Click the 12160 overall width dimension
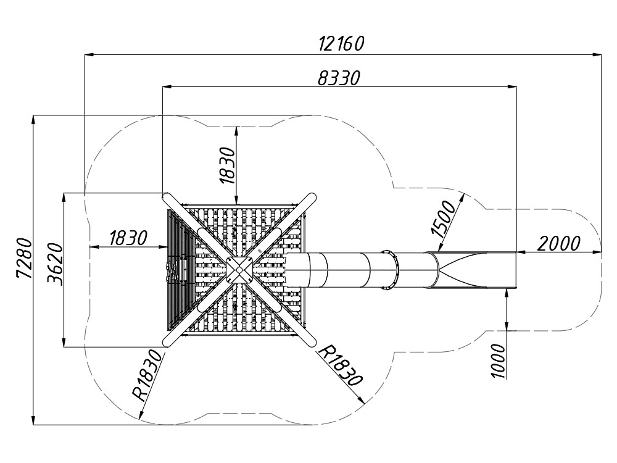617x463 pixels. click(341, 43)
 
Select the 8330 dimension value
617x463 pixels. click(339, 77)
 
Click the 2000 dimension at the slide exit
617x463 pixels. click(558, 243)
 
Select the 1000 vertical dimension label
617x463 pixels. click(499, 361)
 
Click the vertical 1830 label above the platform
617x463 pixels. click(227, 165)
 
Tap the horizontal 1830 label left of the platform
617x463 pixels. click(128, 238)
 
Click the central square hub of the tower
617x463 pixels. click(239, 270)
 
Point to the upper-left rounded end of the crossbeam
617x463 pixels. click(167, 197)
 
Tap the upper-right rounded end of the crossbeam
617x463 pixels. click(312, 197)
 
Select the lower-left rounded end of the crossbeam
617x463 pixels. click(167, 343)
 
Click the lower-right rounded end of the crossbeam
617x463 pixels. click(312, 343)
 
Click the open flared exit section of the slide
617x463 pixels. click(475, 270)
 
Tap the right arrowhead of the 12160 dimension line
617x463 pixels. click(598, 54)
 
